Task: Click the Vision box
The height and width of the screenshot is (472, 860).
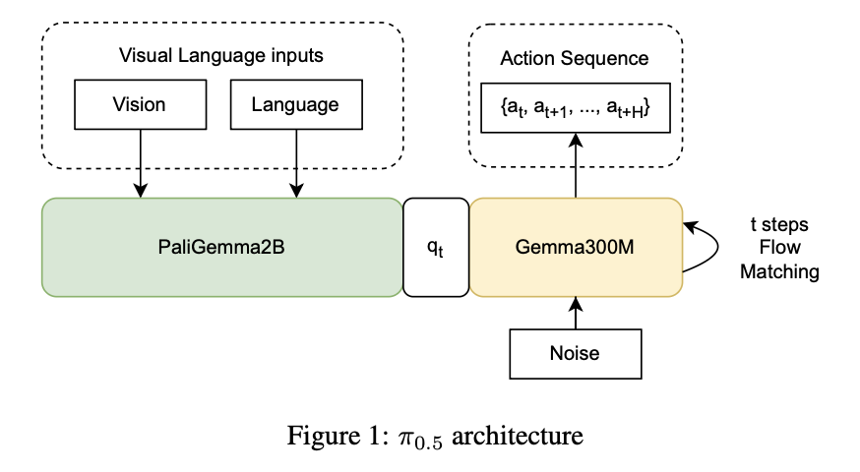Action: [139, 104]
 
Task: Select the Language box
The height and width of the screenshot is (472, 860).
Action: [295, 104]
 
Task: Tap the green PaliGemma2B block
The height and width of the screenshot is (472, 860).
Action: [221, 247]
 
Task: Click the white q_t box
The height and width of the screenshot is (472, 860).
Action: [435, 247]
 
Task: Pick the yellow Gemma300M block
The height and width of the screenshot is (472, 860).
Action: [576, 247]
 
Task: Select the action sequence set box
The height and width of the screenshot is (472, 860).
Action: [576, 108]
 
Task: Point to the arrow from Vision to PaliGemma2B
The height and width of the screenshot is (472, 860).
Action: [140, 162]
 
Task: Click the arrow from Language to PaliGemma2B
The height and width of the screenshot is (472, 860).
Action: [295, 162]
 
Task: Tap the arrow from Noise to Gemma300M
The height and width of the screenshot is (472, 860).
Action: [576, 313]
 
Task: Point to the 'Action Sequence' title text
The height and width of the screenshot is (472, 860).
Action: [575, 58]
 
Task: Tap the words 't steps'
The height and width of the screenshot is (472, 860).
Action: [778, 226]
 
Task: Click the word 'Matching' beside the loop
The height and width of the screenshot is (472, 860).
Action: [779, 272]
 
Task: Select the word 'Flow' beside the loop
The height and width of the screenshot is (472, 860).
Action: [779, 249]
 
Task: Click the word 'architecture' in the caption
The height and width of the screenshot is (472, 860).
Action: [525, 435]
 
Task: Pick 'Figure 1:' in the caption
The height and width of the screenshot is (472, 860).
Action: [326, 435]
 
